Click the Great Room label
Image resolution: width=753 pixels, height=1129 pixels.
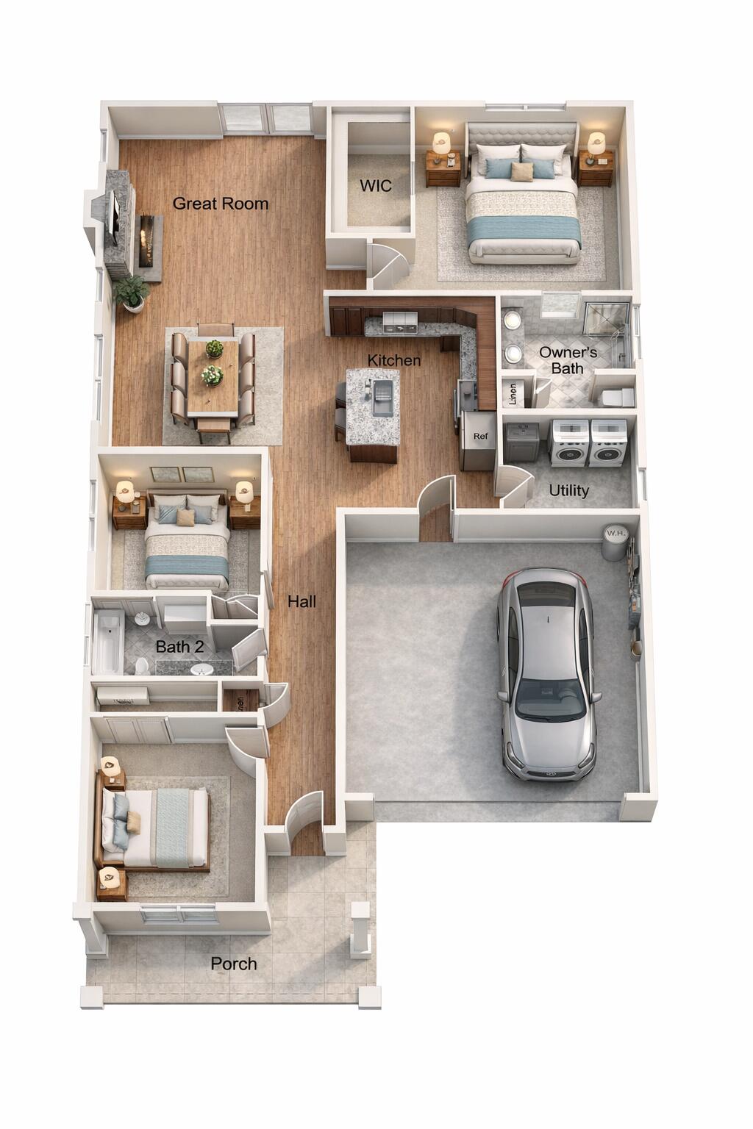point(220,204)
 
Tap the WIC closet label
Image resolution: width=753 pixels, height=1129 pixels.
point(375,186)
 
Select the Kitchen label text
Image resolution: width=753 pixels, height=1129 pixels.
point(394,360)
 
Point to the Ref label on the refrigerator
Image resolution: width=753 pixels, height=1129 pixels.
point(480,437)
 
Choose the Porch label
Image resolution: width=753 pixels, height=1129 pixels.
point(234,964)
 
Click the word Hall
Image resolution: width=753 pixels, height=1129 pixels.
point(301,602)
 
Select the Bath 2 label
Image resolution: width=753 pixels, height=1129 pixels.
point(179,647)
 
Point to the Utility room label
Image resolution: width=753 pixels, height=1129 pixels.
point(568,490)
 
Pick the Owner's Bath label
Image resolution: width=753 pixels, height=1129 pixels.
point(568,360)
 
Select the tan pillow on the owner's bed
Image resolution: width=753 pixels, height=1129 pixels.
point(522,171)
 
